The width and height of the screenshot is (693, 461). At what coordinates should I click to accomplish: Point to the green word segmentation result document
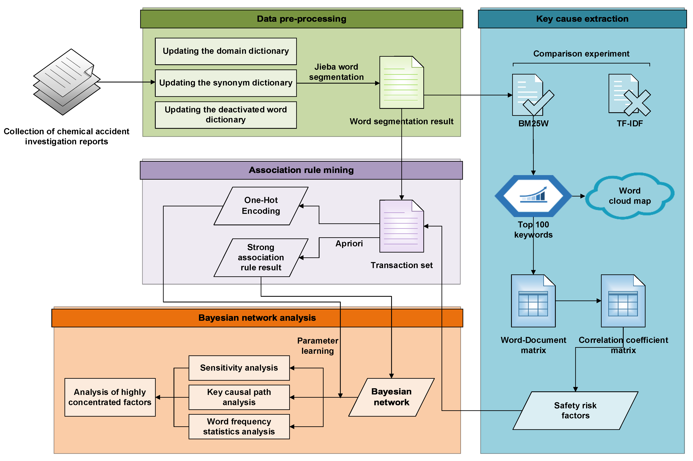click(401, 82)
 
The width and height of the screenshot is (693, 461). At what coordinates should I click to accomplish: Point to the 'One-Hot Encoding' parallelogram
click(261, 206)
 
